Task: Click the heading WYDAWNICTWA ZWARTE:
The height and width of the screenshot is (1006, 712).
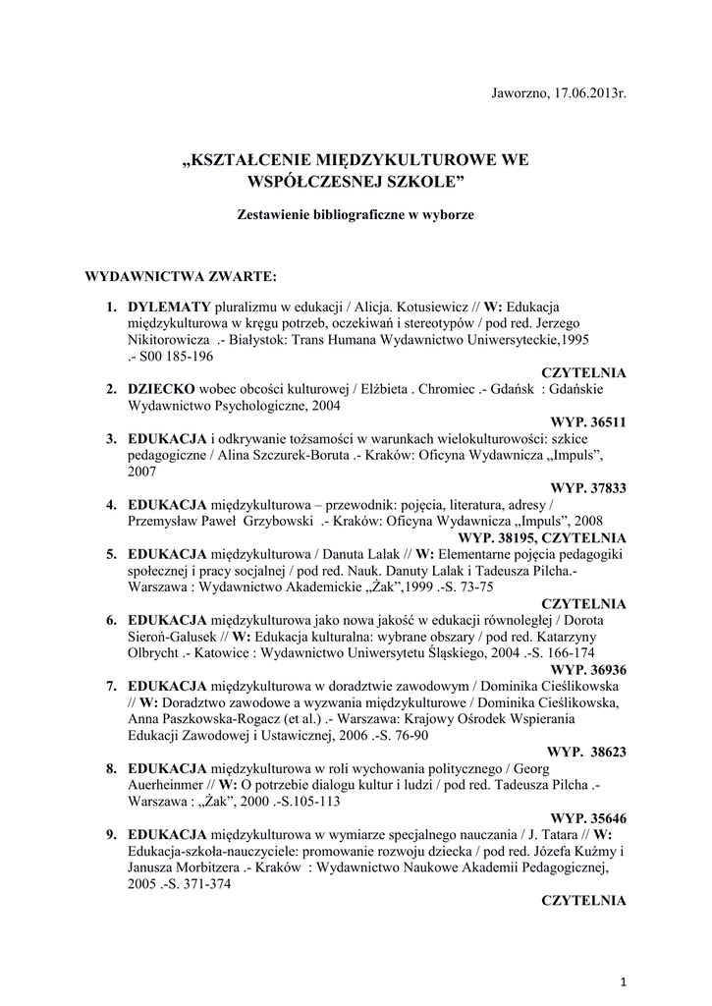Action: click(182, 276)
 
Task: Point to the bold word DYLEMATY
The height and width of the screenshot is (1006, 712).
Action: click(169, 307)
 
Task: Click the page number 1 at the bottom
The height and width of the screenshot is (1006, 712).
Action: click(625, 981)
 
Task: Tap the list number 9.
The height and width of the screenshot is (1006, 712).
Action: click(111, 834)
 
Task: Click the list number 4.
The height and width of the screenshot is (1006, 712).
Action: click(111, 504)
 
